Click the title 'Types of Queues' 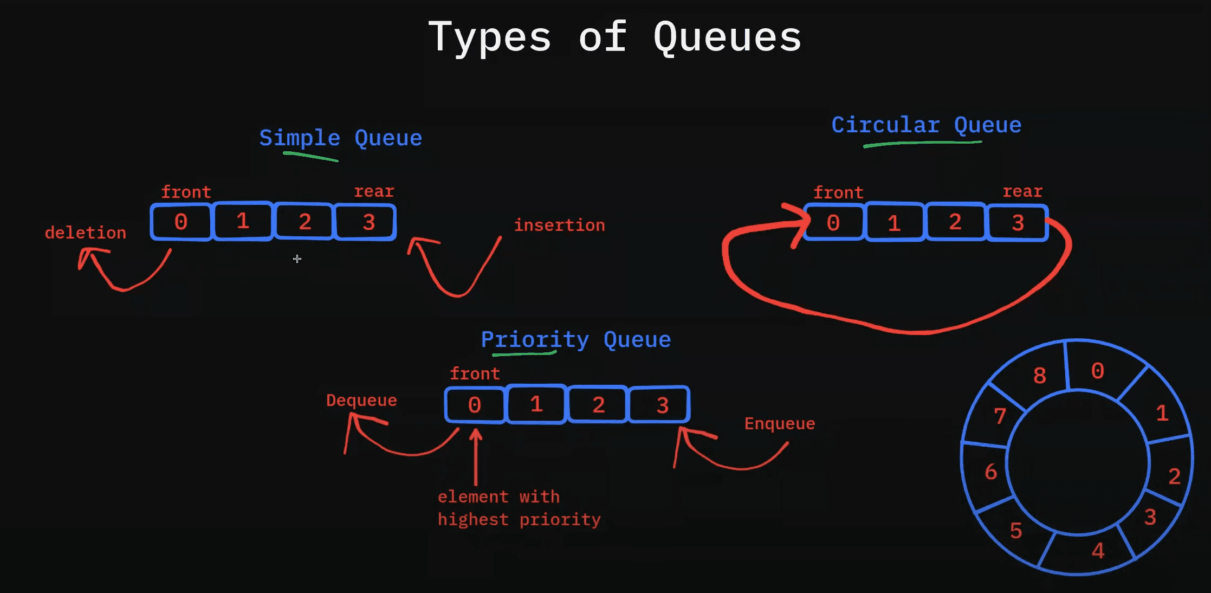tap(614, 37)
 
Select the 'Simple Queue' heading tap(340, 138)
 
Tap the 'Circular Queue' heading tap(927, 125)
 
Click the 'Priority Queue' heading tap(576, 340)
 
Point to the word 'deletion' tap(86, 233)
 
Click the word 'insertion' tap(559, 225)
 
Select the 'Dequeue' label tap(361, 401)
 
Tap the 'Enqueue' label tap(779, 423)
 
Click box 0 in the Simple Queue tap(181, 222)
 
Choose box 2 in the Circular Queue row tap(955, 222)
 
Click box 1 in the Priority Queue tap(536, 404)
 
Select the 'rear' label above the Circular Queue tap(1022, 191)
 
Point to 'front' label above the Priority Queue tap(475, 373)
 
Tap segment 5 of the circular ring tap(1016, 530)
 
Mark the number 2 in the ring tap(1174, 476)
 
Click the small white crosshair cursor tap(297, 259)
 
